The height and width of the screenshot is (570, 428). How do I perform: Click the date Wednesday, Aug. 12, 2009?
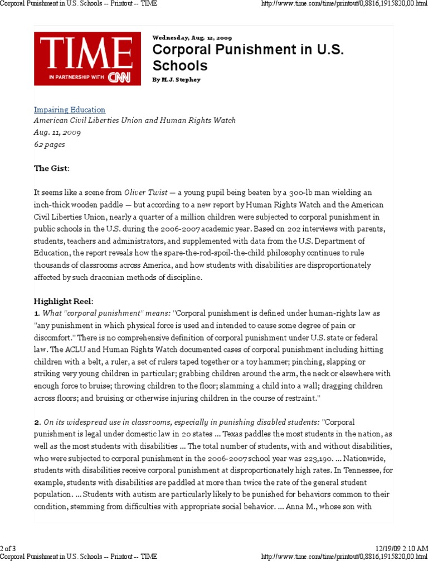pos(192,38)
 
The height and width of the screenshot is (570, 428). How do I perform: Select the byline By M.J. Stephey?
pos(176,80)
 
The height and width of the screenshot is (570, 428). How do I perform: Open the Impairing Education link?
pos(70,110)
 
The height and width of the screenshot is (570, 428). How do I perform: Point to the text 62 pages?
pos(50,144)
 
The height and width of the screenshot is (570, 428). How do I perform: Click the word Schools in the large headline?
pos(180,66)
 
